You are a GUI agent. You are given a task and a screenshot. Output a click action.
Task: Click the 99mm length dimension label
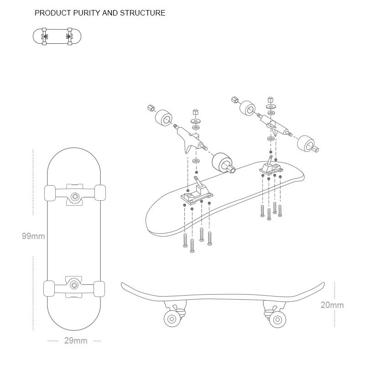33,236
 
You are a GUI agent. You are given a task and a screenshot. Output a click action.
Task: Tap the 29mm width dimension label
76,341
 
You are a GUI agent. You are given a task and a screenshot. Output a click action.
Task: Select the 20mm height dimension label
332,305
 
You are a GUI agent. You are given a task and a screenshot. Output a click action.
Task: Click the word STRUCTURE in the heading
142,13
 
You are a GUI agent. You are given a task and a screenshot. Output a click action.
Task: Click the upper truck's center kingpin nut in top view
74,197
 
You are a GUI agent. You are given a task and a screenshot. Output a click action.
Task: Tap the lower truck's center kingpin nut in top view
74,284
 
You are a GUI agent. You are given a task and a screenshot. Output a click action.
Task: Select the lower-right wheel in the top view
100,288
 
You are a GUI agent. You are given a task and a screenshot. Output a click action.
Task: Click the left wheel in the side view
172,318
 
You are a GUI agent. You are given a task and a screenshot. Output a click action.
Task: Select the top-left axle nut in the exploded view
151,108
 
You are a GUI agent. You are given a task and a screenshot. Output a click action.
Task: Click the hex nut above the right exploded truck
271,100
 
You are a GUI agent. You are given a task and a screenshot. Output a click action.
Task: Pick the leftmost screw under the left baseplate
185,240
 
